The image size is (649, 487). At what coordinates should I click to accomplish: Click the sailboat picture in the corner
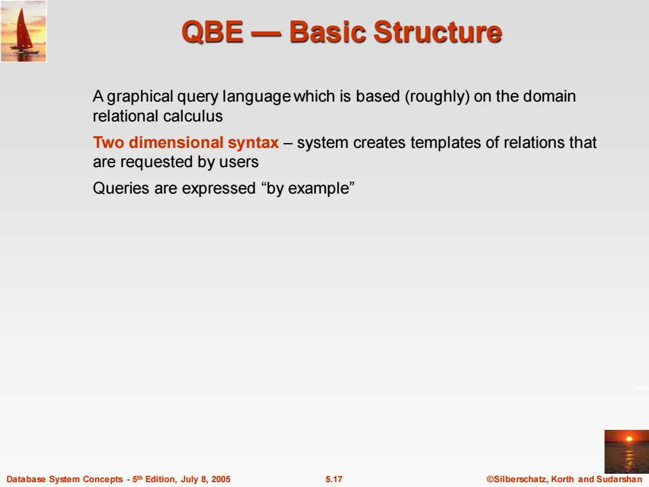click(x=23, y=31)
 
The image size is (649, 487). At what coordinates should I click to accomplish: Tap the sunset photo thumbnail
click(x=627, y=452)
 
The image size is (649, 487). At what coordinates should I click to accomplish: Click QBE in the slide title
click(x=212, y=32)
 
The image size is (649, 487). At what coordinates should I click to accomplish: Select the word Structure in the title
click(x=437, y=32)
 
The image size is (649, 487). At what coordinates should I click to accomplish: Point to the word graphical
click(x=140, y=97)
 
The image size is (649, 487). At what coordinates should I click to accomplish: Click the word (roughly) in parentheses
click(x=437, y=96)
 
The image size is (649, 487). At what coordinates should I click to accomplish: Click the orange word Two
click(x=108, y=142)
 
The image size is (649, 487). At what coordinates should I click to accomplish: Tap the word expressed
click(x=219, y=189)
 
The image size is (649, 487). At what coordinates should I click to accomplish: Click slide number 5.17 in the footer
click(x=334, y=479)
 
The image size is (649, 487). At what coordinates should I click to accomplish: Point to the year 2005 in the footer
click(x=221, y=479)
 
